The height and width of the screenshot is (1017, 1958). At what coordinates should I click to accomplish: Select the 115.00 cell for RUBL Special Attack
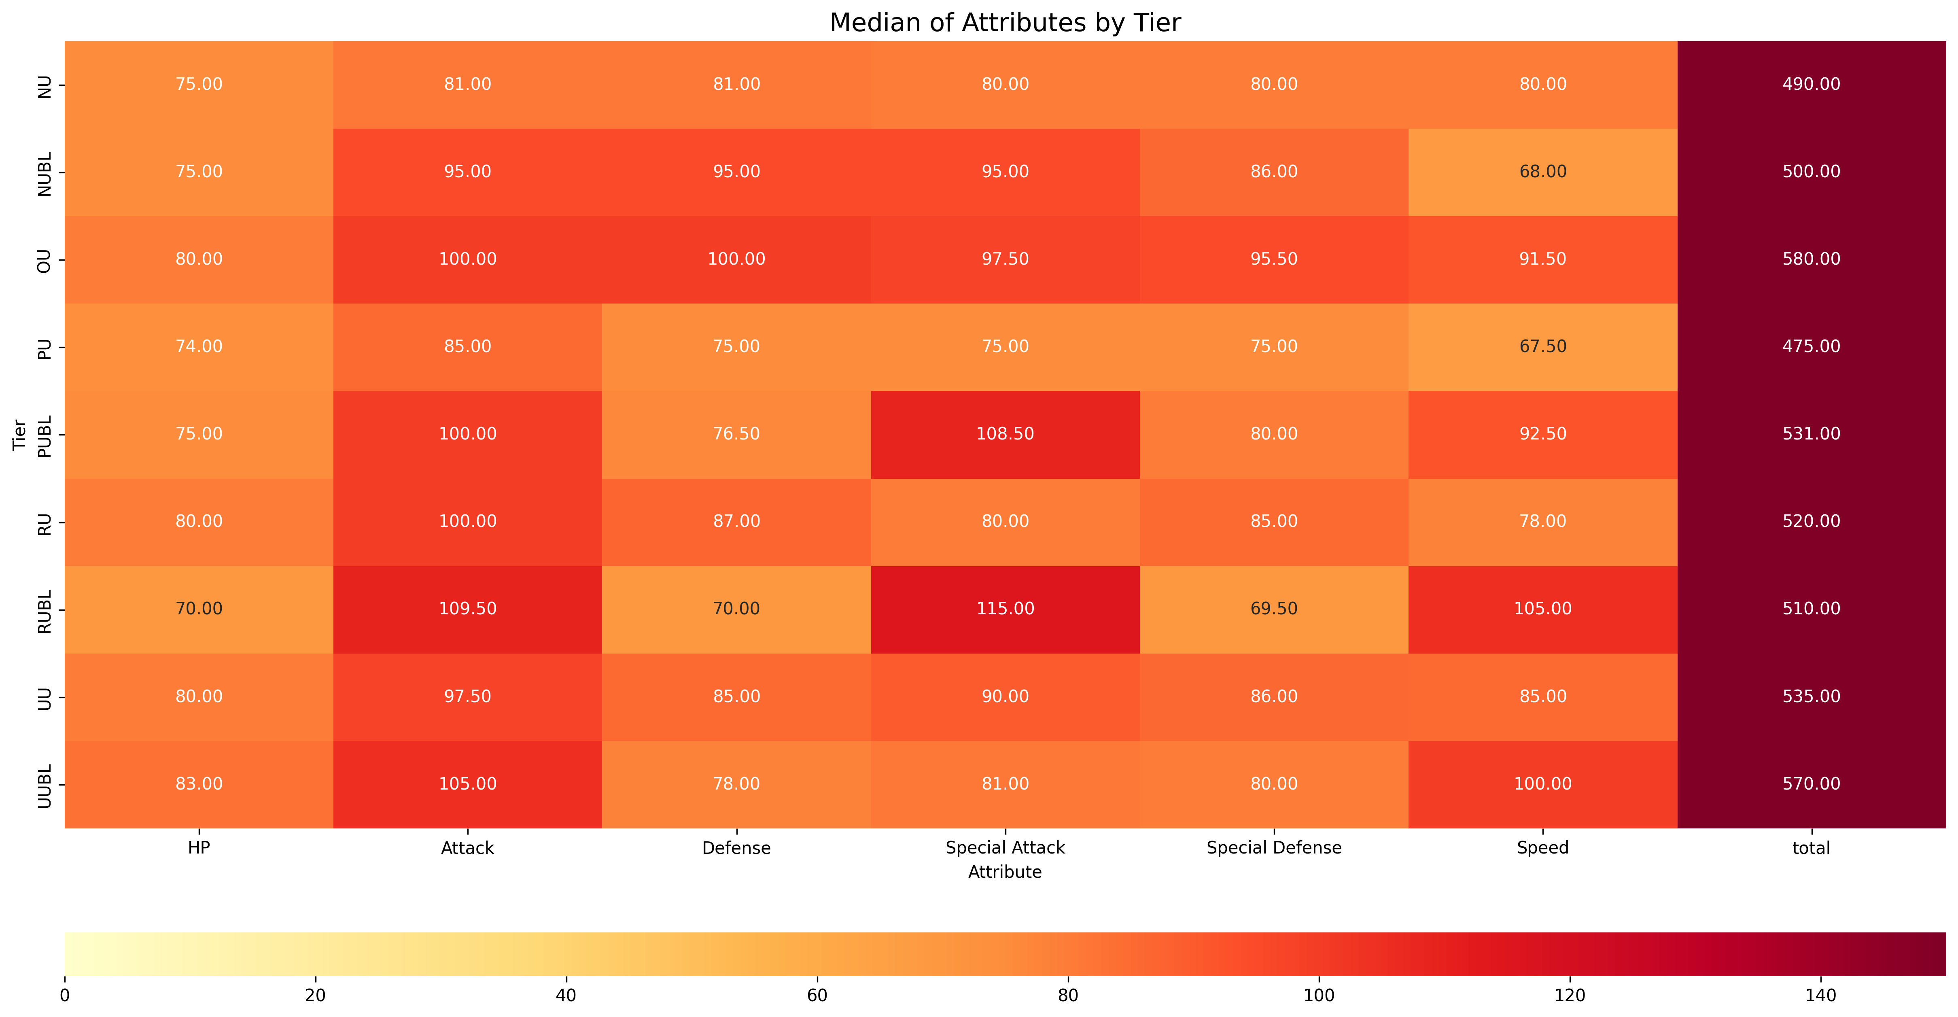[x=1005, y=609]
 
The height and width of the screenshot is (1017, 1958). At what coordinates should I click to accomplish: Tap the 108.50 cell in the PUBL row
[x=1005, y=434]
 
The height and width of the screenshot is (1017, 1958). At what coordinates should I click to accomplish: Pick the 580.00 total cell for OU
[x=1811, y=259]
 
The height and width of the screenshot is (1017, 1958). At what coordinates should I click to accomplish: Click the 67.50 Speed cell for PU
[x=1542, y=346]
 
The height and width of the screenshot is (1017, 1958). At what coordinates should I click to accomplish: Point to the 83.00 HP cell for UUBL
[x=199, y=783]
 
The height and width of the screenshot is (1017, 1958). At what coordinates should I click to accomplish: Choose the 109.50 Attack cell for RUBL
[x=467, y=609]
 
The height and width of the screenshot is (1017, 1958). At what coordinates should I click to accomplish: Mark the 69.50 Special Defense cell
[x=1274, y=609]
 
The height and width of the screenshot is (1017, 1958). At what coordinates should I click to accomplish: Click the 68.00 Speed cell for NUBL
[x=1542, y=172]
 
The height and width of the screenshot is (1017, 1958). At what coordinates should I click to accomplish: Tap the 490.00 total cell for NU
[x=1811, y=84]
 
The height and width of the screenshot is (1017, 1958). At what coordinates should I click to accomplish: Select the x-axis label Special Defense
[x=1274, y=847]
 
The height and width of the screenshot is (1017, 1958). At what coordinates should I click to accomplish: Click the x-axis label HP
[x=199, y=847]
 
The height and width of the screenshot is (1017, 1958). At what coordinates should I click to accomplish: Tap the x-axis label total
[x=1811, y=847]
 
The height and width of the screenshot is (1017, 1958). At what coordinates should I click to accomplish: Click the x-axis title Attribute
[x=1005, y=872]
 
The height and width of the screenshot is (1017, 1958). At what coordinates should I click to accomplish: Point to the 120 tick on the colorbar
[x=1570, y=995]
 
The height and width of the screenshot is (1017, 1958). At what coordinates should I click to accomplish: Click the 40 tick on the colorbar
[x=566, y=995]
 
